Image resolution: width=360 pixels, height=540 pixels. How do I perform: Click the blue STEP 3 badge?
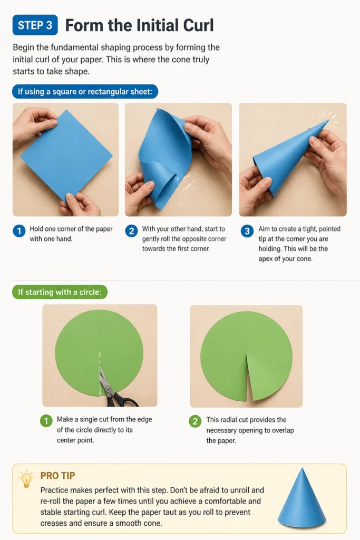(x=35, y=25)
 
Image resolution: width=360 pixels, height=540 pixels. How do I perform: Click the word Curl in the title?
(x=198, y=25)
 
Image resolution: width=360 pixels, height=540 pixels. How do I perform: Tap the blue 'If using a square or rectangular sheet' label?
(x=85, y=92)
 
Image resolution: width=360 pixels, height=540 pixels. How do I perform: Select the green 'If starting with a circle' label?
(x=60, y=292)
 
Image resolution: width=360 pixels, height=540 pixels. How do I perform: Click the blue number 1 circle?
(x=19, y=231)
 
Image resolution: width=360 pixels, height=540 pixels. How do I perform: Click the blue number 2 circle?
(x=131, y=231)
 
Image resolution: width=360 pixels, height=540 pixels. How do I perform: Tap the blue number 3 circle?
(x=247, y=231)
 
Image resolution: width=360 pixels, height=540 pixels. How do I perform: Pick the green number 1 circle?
(x=46, y=420)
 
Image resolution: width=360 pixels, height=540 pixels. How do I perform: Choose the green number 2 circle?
(x=195, y=421)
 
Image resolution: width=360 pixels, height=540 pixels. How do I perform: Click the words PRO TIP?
(x=57, y=476)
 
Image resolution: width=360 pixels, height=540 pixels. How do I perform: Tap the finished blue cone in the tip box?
(x=301, y=497)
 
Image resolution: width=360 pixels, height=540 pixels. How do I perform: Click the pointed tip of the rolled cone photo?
(x=328, y=120)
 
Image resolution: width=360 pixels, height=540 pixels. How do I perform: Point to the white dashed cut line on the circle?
(x=100, y=374)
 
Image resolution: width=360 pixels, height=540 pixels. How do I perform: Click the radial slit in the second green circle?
(x=248, y=377)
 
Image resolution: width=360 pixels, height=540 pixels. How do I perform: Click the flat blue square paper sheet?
(x=66, y=156)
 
